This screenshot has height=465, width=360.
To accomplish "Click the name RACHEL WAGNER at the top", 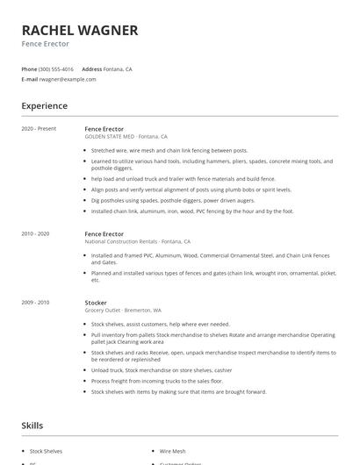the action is tap(80, 30).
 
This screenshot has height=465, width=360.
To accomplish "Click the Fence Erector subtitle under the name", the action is tap(46, 44).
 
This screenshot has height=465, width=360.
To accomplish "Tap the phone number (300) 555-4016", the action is tap(56, 68).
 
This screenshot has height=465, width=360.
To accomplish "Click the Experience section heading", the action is tap(45, 106).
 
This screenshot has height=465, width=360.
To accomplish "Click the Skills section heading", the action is tap(32, 426).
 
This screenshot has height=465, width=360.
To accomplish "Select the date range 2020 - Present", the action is tap(39, 129).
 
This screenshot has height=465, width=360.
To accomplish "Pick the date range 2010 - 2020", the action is tap(37, 234).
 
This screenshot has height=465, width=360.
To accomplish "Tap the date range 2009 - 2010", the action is tap(37, 303).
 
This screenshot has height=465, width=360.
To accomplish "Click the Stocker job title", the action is tap(96, 303).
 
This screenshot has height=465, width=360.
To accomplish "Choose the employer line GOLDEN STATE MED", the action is tap(110, 137).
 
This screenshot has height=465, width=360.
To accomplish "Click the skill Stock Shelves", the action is tap(47, 451).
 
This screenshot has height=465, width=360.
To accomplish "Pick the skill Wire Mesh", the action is tap(173, 451).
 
